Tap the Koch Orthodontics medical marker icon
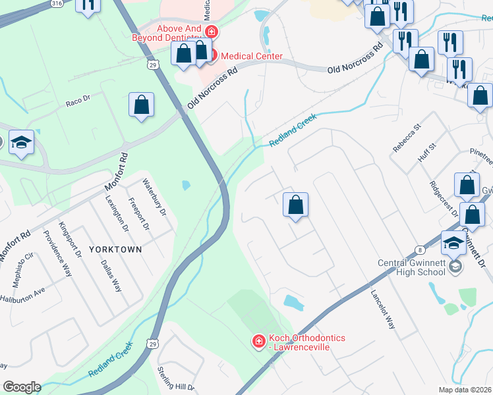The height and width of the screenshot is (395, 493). (259, 341)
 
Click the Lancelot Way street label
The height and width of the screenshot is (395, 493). (382, 310)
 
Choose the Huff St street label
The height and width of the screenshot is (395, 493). (427, 155)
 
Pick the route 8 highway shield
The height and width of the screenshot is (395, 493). (420, 250)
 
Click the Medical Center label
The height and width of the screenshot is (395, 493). (251, 56)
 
